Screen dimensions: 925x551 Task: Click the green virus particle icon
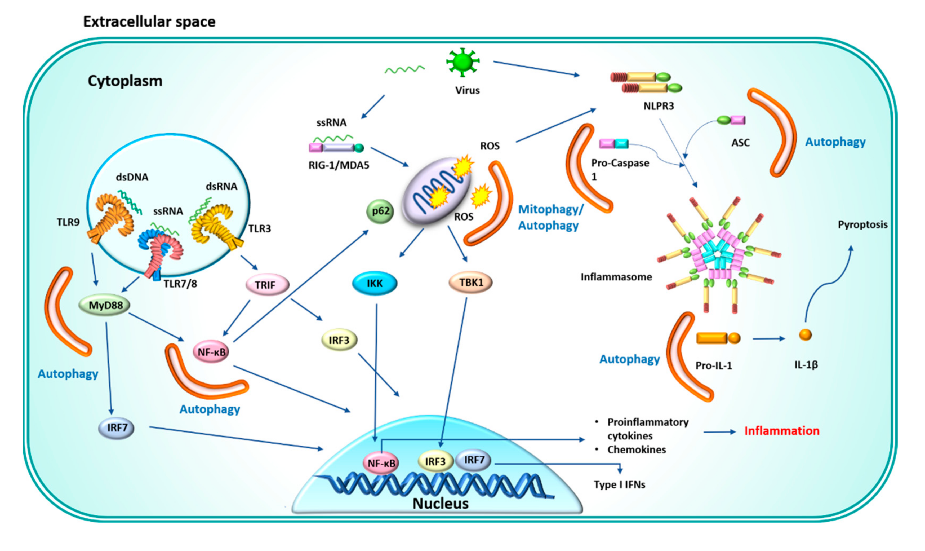click(462, 62)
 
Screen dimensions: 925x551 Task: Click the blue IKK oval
click(374, 284)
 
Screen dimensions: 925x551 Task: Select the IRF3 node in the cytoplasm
click(339, 340)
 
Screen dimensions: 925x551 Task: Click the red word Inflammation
click(782, 431)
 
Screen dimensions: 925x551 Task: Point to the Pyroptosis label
click(863, 225)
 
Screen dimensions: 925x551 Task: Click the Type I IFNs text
click(619, 484)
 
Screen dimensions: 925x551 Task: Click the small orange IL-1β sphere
click(805, 334)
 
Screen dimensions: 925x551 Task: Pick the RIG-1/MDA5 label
click(339, 165)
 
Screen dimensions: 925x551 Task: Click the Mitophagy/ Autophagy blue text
click(551, 218)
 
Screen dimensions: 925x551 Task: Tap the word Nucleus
click(441, 504)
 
